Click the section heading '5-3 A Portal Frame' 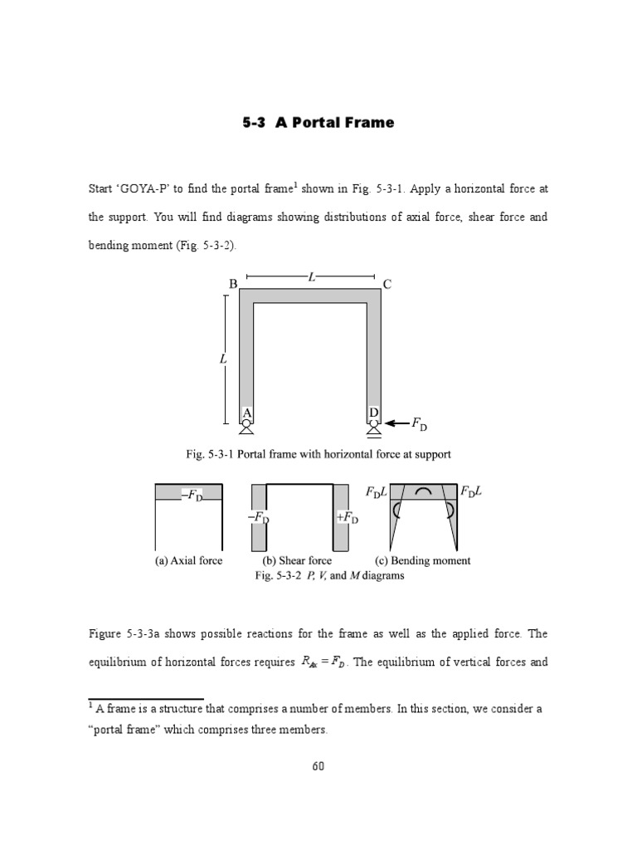[318, 123]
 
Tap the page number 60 [318, 765]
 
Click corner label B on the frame [233, 284]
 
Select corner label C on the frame [387, 285]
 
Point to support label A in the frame [246, 413]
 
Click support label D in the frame [374, 413]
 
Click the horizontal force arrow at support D [397, 423]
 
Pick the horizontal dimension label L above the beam [312, 277]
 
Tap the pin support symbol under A [246, 427]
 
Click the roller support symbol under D [374, 427]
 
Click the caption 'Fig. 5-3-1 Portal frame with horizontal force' [318, 454]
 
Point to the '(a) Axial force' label [188, 560]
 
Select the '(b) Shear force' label [297, 560]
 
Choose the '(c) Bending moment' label [423, 560]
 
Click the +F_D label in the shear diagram [347, 517]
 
